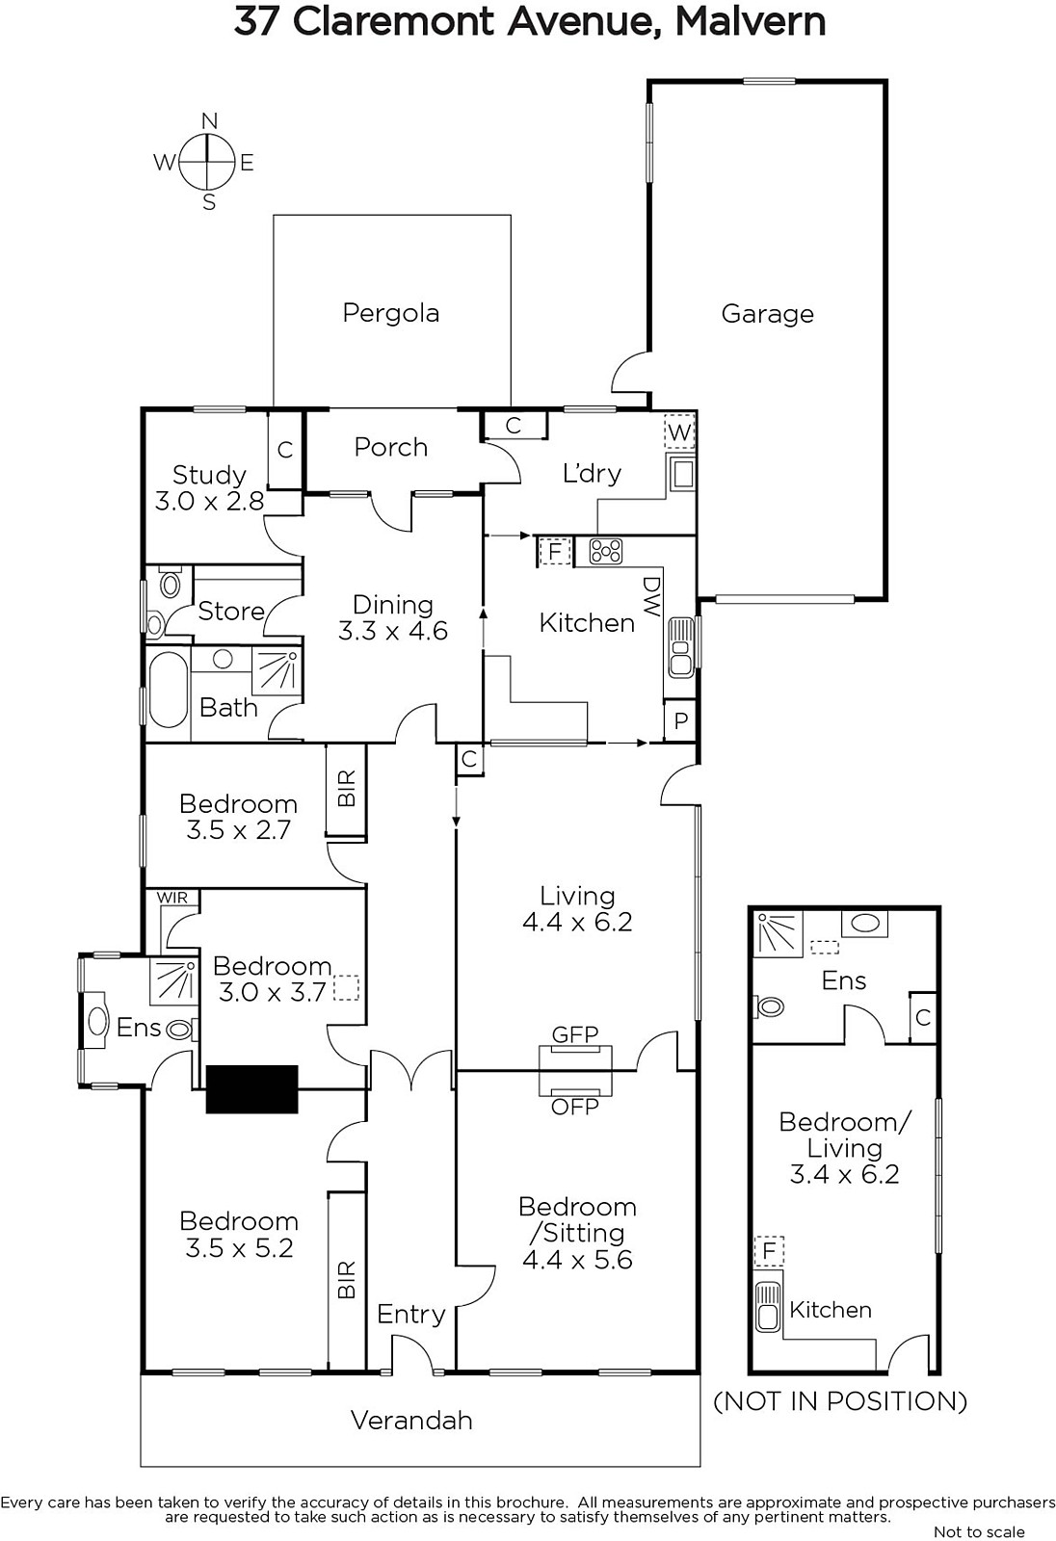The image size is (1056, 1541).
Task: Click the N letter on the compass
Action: click(x=209, y=121)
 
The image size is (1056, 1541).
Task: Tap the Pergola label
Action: click(x=391, y=313)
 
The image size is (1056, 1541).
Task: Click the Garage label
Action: click(x=768, y=314)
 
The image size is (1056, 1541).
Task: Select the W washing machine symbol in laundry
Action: click(x=679, y=432)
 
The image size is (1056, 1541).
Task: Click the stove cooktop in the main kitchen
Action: click(x=606, y=551)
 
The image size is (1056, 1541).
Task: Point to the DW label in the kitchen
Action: click(x=651, y=596)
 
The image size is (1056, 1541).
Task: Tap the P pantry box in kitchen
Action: click(x=680, y=720)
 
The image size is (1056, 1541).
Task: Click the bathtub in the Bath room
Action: click(x=168, y=690)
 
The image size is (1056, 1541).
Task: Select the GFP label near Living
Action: click(x=575, y=1034)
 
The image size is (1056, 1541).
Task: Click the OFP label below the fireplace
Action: click(x=575, y=1107)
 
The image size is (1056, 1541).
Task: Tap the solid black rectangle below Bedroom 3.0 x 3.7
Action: click(x=251, y=1089)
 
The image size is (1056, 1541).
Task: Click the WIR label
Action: click(x=172, y=898)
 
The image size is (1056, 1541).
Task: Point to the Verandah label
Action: click(x=411, y=1421)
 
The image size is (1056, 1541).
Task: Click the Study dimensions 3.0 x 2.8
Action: click(x=209, y=501)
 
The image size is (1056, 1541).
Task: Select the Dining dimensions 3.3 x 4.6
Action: click(x=392, y=630)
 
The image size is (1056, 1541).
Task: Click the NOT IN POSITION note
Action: click(x=840, y=1401)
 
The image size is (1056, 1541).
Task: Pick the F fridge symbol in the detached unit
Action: click(x=770, y=1252)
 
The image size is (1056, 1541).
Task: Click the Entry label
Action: click(x=411, y=1314)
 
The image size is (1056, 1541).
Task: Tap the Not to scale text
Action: click(x=979, y=1532)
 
